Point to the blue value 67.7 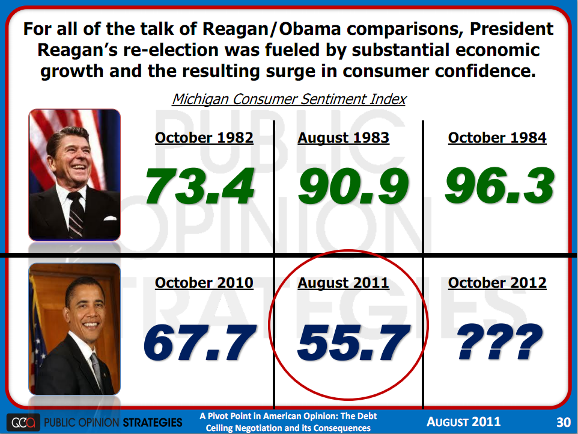198,343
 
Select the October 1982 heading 204,138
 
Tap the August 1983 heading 344,138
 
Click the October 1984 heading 497,138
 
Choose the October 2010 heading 204,282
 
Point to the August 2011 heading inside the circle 344,282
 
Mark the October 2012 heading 497,282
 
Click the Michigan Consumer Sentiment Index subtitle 289,99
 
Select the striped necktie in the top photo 76,214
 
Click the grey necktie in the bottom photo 96,367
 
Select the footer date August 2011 463,421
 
